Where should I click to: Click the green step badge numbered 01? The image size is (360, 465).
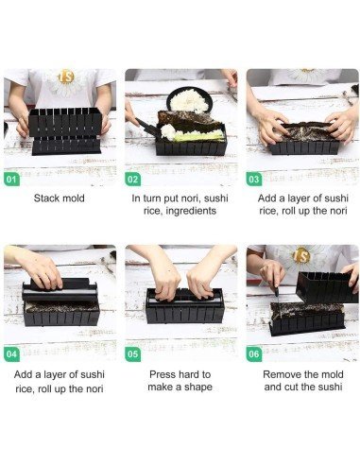[11, 180]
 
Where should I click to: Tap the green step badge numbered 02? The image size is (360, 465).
[132, 180]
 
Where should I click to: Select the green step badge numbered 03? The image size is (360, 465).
[254, 180]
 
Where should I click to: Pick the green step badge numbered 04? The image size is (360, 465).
[11, 354]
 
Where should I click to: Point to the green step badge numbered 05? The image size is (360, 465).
[132, 354]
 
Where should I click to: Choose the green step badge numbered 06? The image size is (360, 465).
[254, 354]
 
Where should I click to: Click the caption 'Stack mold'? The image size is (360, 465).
[60, 198]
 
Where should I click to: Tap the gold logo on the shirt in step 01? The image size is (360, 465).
[66, 77]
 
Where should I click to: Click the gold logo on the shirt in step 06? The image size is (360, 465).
[301, 256]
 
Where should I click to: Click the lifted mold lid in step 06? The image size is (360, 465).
[327, 287]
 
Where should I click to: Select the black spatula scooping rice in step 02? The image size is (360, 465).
[148, 127]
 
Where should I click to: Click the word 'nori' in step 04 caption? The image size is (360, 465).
[94, 388]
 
